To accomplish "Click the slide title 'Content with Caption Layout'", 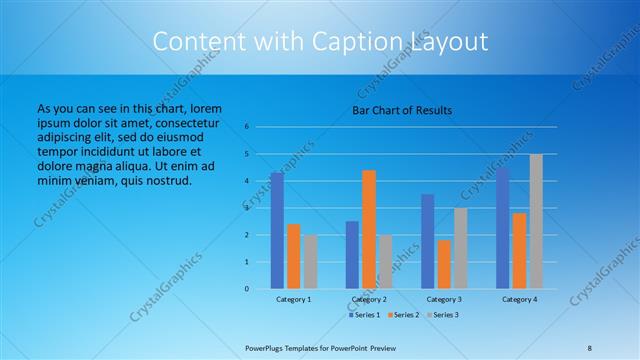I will tap(320, 42).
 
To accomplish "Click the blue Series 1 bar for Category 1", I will tap(277, 231).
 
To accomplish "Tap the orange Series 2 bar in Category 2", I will tap(369, 229).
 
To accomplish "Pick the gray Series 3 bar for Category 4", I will tap(536, 221).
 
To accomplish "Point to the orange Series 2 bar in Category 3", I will tap(444, 264).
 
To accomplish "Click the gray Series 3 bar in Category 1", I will tap(310, 262).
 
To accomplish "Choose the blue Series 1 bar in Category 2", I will tap(352, 255).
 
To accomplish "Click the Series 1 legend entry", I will tap(366, 315).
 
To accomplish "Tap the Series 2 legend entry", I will tap(404, 315).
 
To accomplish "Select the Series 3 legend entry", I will tap(442, 315).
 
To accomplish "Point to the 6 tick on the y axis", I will tap(246, 127).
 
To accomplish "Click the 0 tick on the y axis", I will tap(246, 289).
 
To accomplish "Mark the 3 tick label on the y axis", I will tap(246, 208).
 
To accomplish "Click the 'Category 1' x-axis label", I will tap(294, 299).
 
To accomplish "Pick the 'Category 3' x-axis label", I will tap(444, 299).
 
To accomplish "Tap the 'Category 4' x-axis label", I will tap(519, 299).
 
